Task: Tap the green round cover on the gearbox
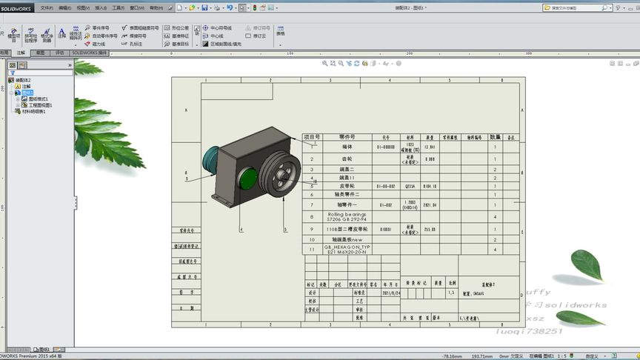(249, 179)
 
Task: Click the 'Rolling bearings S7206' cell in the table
(347, 217)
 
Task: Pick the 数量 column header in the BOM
(495, 137)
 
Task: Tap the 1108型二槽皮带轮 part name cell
(347, 230)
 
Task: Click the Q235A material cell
(409, 187)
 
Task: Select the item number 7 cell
(312, 204)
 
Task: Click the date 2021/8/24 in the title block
(390, 293)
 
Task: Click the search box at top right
(574, 7)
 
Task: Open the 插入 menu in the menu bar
(101, 7)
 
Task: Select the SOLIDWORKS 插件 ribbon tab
(89, 53)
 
